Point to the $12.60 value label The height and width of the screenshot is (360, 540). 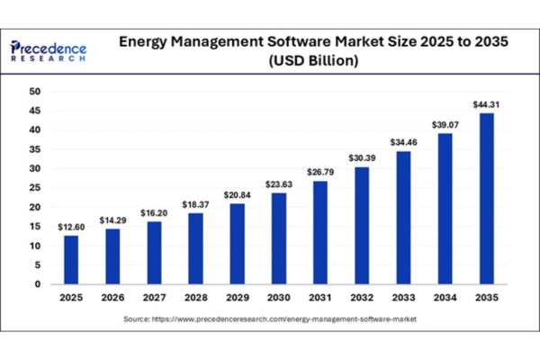(x=71, y=226)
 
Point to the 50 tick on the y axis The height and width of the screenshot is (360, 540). (x=35, y=92)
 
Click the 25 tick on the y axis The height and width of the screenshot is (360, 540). (x=35, y=188)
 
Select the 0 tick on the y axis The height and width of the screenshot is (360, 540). (x=38, y=284)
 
